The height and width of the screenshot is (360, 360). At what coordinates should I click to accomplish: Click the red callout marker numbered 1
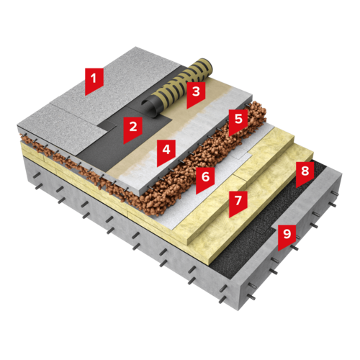click(x=94, y=81)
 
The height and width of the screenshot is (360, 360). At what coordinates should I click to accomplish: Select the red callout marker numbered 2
click(x=132, y=129)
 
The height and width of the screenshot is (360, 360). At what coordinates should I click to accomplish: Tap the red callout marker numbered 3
click(x=196, y=94)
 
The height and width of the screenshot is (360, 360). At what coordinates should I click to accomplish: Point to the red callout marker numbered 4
click(x=166, y=152)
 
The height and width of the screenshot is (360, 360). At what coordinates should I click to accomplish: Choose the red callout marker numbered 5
click(x=238, y=121)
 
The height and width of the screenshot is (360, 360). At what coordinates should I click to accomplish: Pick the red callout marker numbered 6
click(x=205, y=179)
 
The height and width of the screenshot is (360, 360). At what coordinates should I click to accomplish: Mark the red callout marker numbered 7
click(x=238, y=203)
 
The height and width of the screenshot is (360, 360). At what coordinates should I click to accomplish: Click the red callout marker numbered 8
click(x=305, y=174)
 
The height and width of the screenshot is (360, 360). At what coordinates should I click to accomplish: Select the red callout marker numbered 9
click(x=287, y=236)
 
